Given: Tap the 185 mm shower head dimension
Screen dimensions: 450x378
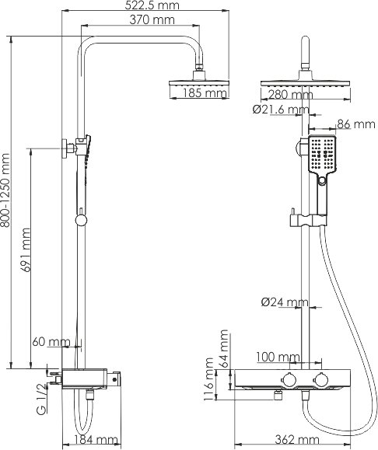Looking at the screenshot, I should pyautogui.click(x=204, y=95).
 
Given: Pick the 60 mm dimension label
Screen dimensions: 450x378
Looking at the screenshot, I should pyautogui.click(x=52, y=342).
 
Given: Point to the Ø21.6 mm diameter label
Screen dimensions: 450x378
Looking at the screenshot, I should pyautogui.click(x=280, y=110).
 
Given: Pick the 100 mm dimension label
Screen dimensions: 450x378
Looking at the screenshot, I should pyautogui.click(x=278, y=357).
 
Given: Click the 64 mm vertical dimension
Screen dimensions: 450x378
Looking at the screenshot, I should pyautogui.click(x=224, y=347).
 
